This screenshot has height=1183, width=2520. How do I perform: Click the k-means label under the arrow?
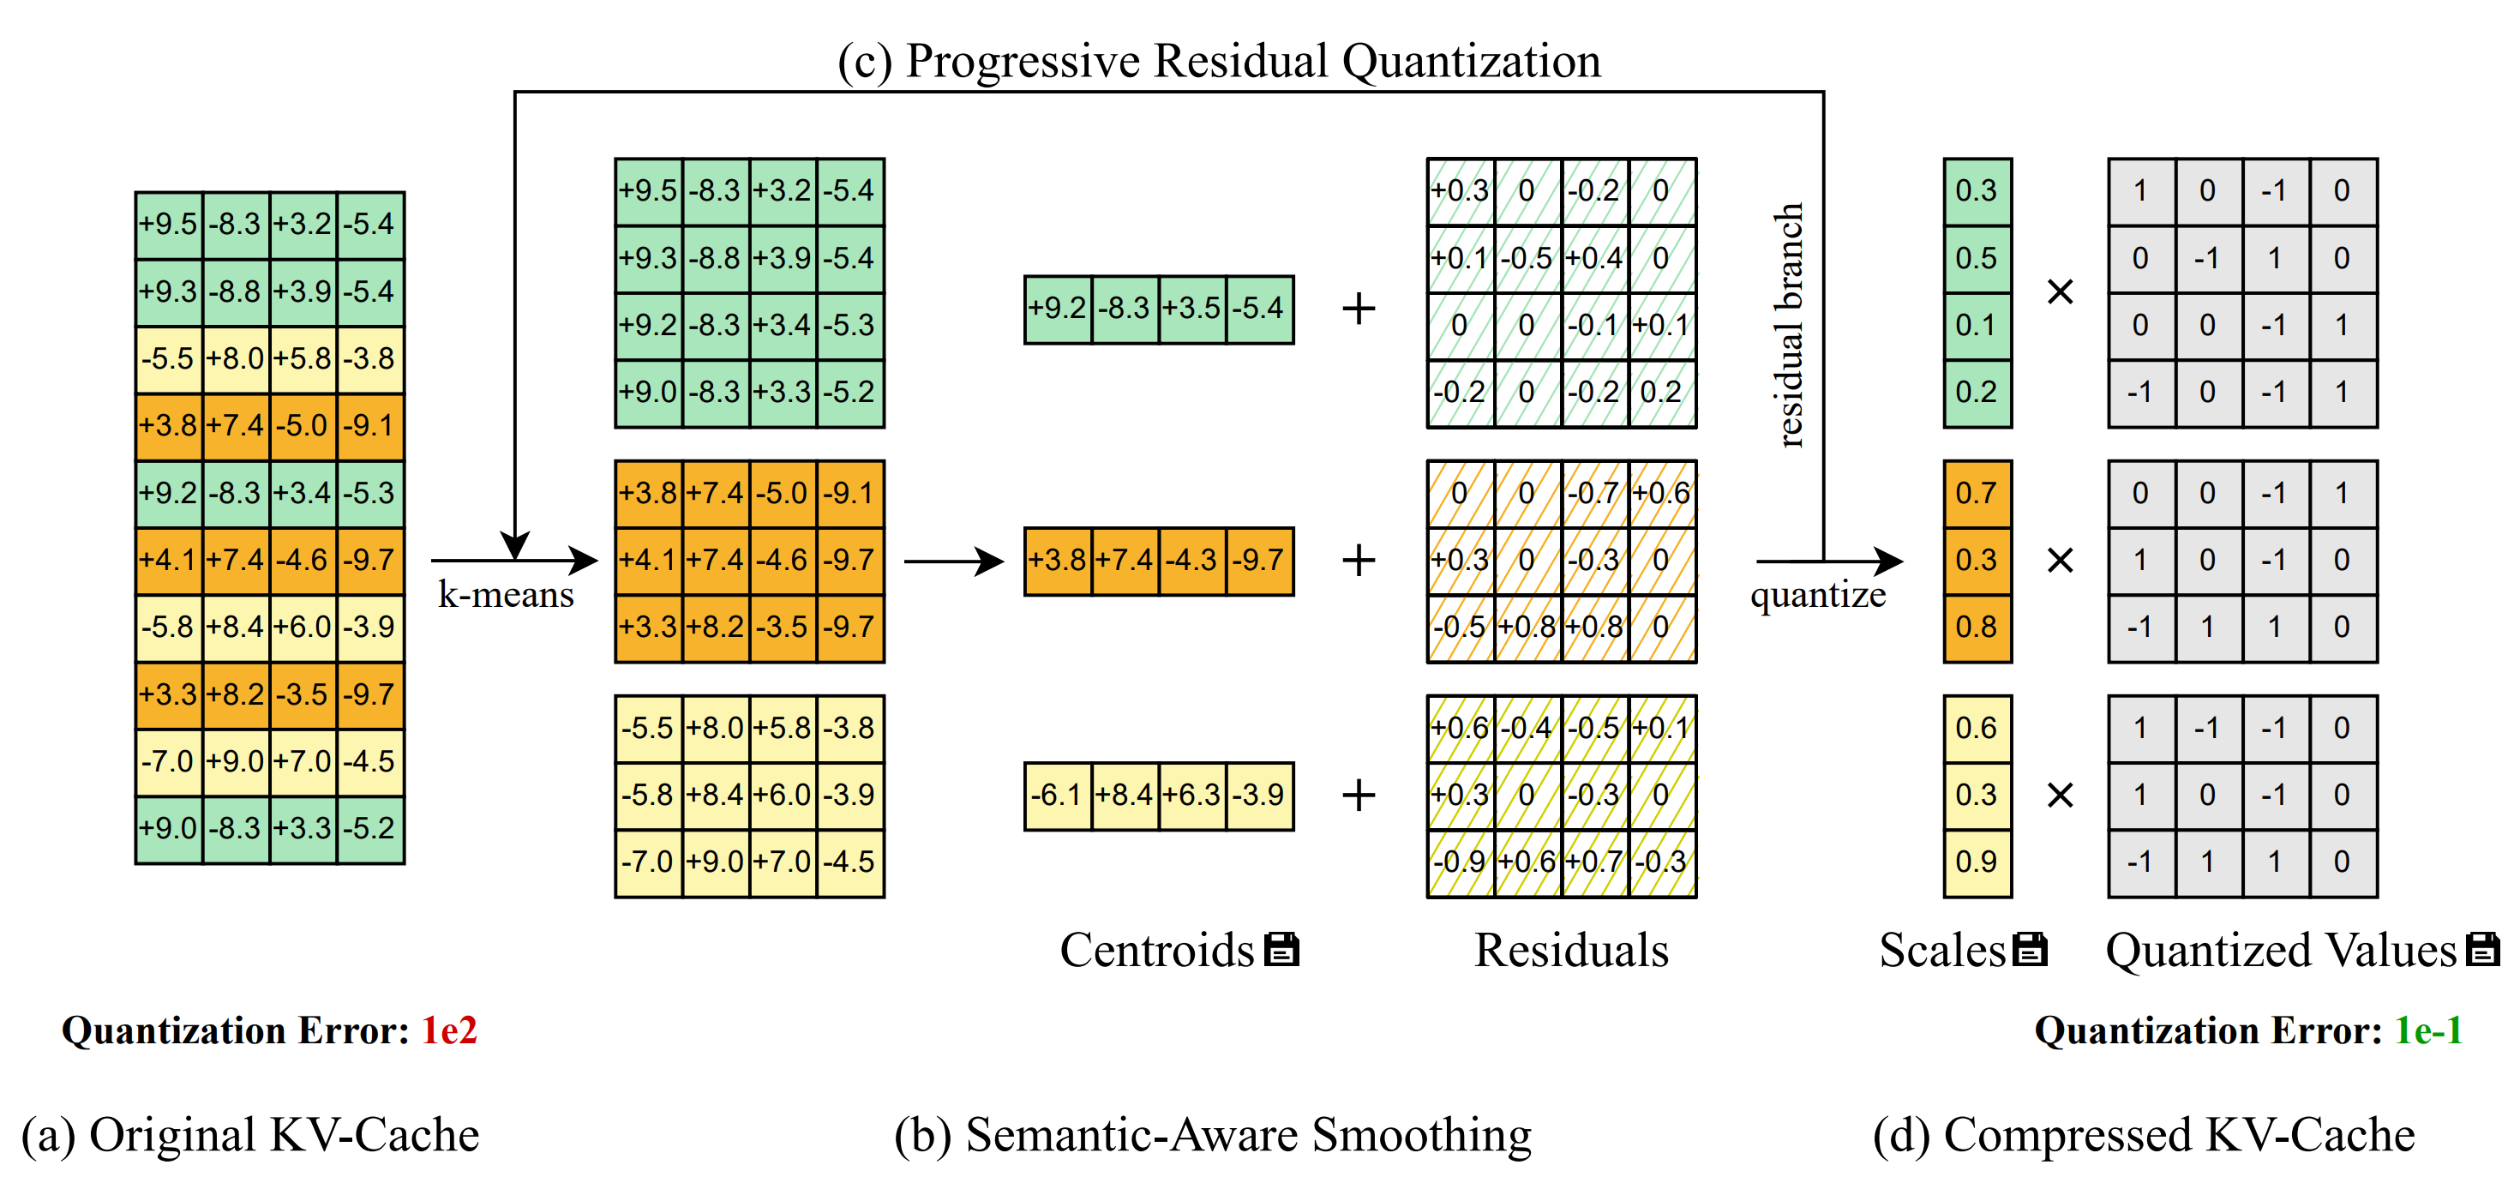(505, 595)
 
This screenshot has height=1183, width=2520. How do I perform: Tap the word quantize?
(1818, 595)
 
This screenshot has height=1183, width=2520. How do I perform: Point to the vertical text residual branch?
(1788, 325)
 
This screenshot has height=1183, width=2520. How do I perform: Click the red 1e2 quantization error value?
(449, 1030)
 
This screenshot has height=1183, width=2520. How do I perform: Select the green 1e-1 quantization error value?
(2428, 1030)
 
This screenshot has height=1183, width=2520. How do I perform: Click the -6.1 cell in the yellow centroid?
(1057, 795)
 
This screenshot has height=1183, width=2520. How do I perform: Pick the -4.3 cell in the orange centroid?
(1191, 561)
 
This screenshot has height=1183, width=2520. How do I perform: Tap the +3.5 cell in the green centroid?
(1191, 309)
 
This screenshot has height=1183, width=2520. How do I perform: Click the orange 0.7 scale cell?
(1976, 493)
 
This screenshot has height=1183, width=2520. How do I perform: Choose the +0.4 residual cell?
(1594, 258)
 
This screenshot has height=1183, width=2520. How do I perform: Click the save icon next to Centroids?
(1281, 949)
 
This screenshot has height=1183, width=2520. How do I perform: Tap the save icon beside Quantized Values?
(2483, 949)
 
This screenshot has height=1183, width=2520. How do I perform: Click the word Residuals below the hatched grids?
(1571, 950)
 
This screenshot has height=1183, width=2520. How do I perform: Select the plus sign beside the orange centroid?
(1359, 561)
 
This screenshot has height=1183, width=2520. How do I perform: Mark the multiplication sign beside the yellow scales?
(2061, 795)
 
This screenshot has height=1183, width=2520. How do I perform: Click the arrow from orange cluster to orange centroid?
(953, 561)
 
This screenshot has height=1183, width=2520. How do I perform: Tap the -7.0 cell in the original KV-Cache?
(168, 761)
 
